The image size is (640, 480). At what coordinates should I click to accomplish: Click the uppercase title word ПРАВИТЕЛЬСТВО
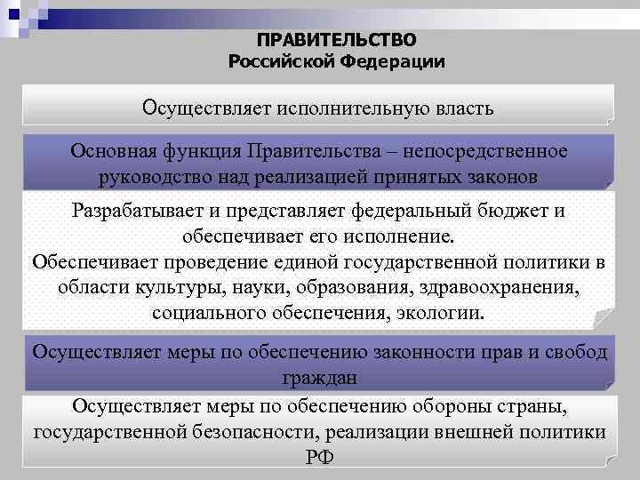coord(336,40)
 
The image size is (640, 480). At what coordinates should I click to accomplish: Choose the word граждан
coord(321,377)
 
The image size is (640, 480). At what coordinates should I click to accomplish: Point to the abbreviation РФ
coord(321,457)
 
